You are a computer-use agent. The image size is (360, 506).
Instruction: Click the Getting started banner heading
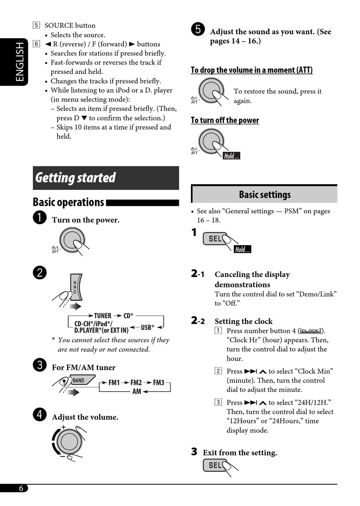pos(76,178)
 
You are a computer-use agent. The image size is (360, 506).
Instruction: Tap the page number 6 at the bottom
pos(21,488)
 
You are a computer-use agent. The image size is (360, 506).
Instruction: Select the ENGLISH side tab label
pos(19,61)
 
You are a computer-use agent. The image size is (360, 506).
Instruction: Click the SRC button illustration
pos(75,287)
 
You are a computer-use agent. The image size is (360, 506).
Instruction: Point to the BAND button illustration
pos(79,380)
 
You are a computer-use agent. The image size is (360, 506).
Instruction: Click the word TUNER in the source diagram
pos(103,316)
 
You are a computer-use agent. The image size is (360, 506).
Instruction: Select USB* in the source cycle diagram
pos(147,327)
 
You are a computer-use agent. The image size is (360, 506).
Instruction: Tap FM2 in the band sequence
pos(136,382)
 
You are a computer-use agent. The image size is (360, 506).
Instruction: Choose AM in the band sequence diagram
pos(136,392)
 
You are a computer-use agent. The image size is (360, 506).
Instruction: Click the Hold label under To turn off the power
pos(231,156)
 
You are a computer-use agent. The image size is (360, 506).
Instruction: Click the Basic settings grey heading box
pos(265,194)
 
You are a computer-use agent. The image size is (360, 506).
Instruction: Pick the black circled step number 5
pos(198,29)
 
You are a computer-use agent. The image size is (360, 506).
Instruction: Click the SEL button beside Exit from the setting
pos(215,465)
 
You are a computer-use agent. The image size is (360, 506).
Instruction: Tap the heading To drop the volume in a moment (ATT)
pos(252,70)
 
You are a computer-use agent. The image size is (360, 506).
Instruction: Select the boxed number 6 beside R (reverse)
pos(36,44)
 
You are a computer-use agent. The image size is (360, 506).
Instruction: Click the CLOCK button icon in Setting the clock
pos(310,331)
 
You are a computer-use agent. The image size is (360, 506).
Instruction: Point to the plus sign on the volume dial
pos(64,427)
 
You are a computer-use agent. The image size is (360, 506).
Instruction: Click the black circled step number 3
pos(40,365)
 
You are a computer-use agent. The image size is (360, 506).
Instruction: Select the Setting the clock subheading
pos(244,321)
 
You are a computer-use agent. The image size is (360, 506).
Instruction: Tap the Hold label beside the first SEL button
pos(243,249)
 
